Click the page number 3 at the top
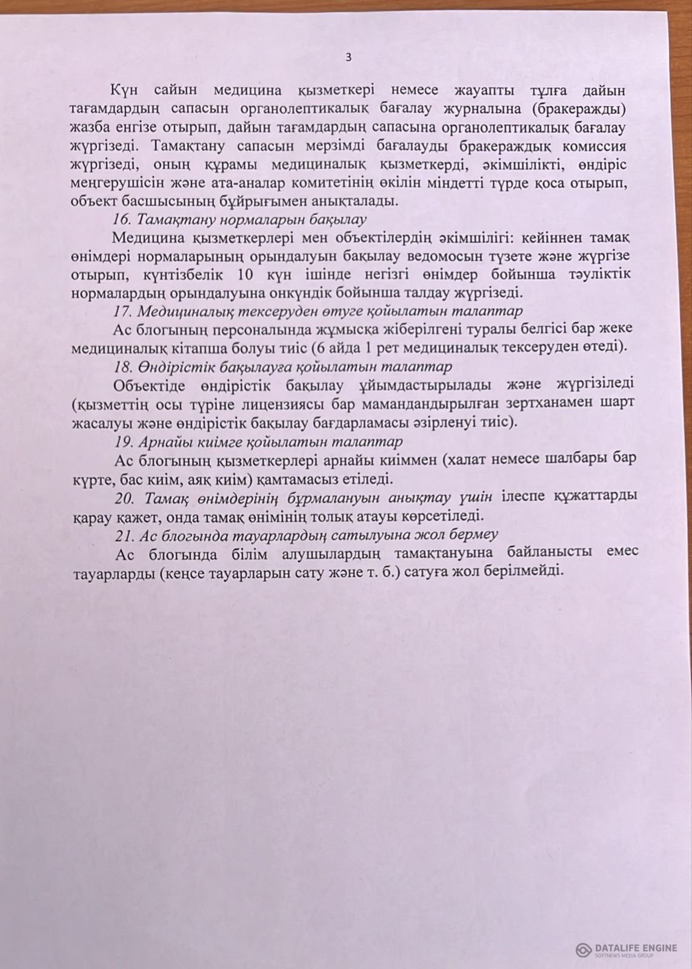pyautogui.click(x=348, y=58)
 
